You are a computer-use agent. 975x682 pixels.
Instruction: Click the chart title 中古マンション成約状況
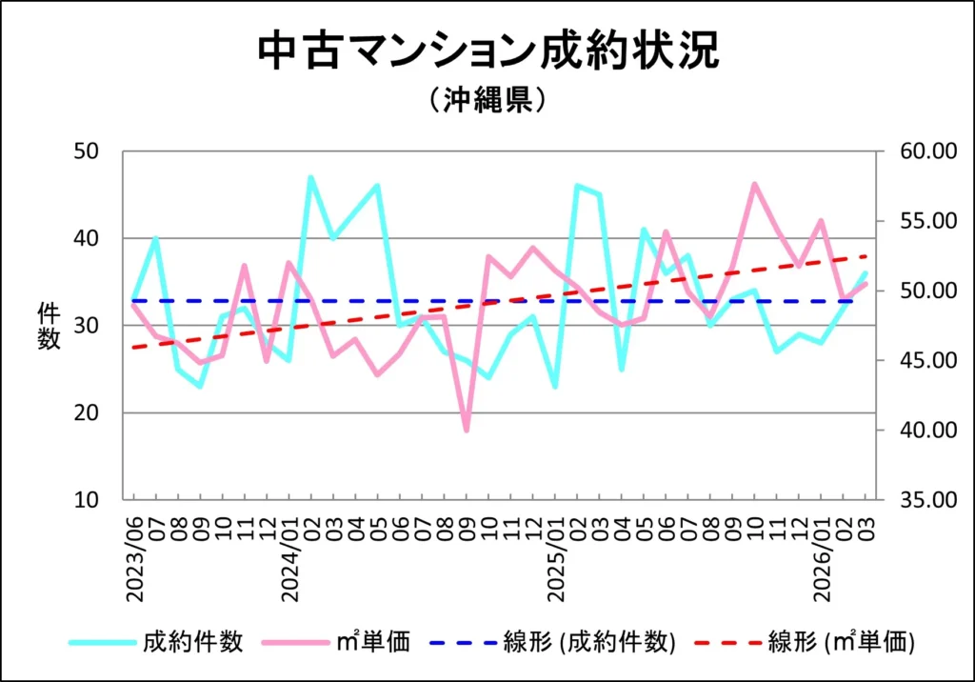pyautogui.click(x=487, y=52)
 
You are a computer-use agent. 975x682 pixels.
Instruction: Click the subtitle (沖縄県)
pyautogui.click(x=487, y=101)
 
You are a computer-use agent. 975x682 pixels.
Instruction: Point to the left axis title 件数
pyautogui.click(x=49, y=326)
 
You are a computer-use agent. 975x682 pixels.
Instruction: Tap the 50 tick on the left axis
pyautogui.click(x=92, y=150)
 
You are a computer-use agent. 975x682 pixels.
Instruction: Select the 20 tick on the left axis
pyautogui.click(x=92, y=412)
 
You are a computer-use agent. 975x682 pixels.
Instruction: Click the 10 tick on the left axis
pyautogui.click(x=92, y=500)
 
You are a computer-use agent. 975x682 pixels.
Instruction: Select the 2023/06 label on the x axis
pyautogui.click(x=134, y=559)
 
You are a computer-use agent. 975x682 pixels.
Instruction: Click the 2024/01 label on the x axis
pyautogui.click(x=289, y=559)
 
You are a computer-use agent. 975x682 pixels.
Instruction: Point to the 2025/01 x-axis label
pyautogui.click(x=556, y=559)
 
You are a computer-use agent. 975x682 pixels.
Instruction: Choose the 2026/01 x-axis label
pyautogui.click(x=822, y=559)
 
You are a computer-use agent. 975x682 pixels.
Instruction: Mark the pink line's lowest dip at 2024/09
pyautogui.click(x=467, y=431)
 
